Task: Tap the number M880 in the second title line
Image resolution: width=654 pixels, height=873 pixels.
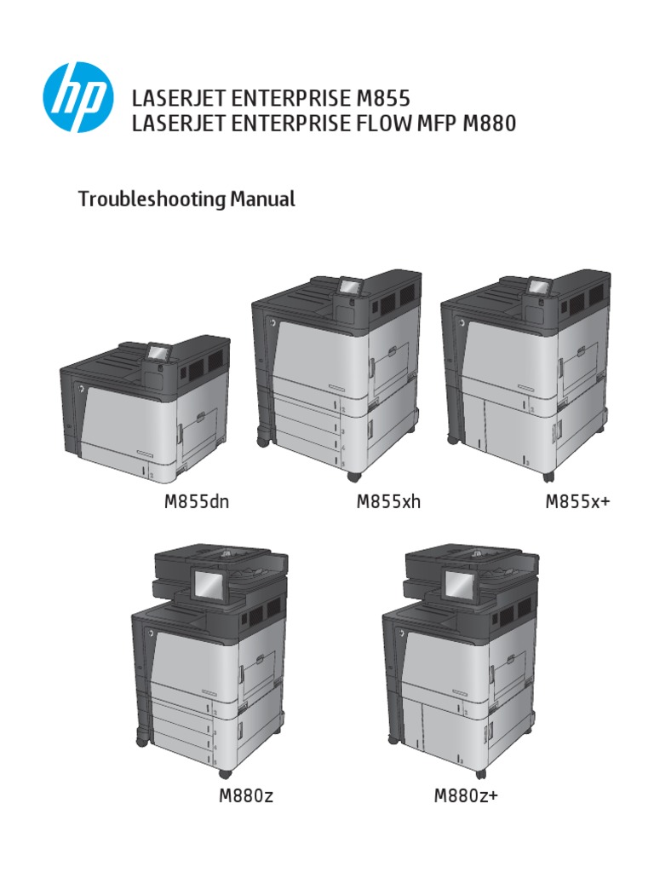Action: click(x=490, y=124)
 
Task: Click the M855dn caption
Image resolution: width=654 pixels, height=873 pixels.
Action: click(x=197, y=502)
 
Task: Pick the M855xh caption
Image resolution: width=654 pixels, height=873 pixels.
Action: click(x=388, y=502)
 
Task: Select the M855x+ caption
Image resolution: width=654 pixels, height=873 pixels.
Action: click(x=578, y=502)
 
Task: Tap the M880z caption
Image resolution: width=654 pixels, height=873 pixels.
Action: click(x=246, y=797)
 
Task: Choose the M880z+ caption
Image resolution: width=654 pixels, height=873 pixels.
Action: click(x=466, y=797)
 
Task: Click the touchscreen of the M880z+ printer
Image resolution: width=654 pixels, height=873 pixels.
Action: click(x=461, y=585)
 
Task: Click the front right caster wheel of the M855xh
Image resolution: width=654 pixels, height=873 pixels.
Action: click(x=353, y=475)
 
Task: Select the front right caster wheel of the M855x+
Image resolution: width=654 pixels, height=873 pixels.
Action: click(x=547, y=475)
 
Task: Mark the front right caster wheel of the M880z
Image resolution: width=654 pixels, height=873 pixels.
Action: click(x=225, y=772)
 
